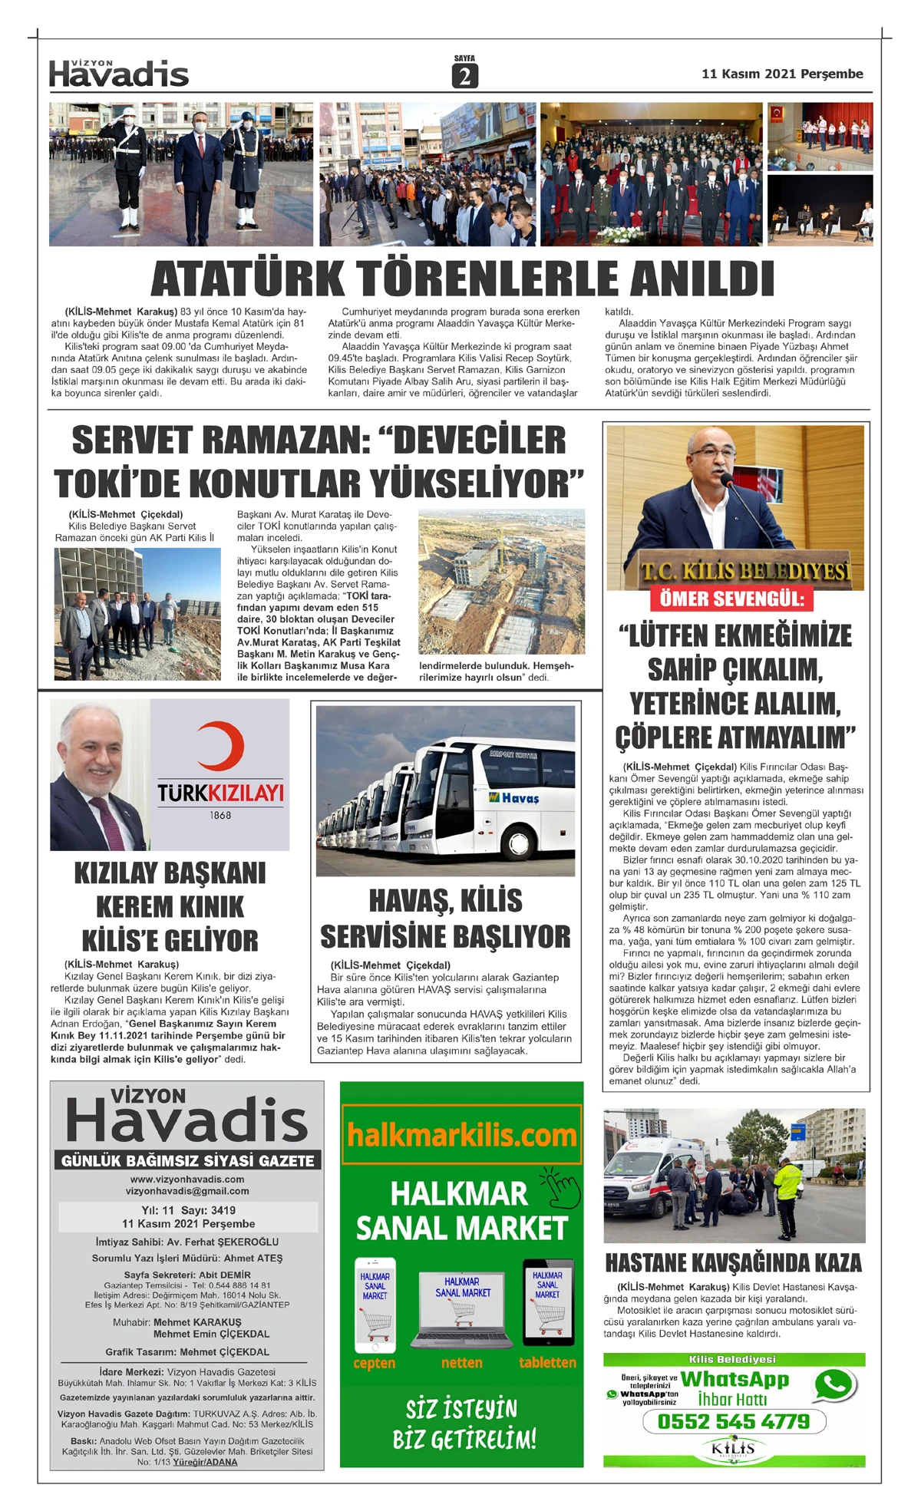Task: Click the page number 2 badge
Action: (465, 76)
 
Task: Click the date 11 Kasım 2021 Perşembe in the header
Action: (781, 74)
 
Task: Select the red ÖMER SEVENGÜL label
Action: (732, 599)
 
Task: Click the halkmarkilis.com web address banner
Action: (461, 1135)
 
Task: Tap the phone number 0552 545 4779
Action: (733, 1421)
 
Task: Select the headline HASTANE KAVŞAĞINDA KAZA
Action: (733, 1263)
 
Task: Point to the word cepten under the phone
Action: (375, 1363)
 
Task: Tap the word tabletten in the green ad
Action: (547, 1362)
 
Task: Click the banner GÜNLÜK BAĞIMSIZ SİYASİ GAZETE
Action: (187, 1160)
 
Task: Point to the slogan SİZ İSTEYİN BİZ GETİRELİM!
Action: (464, 1424)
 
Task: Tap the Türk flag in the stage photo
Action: (776, 114)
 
